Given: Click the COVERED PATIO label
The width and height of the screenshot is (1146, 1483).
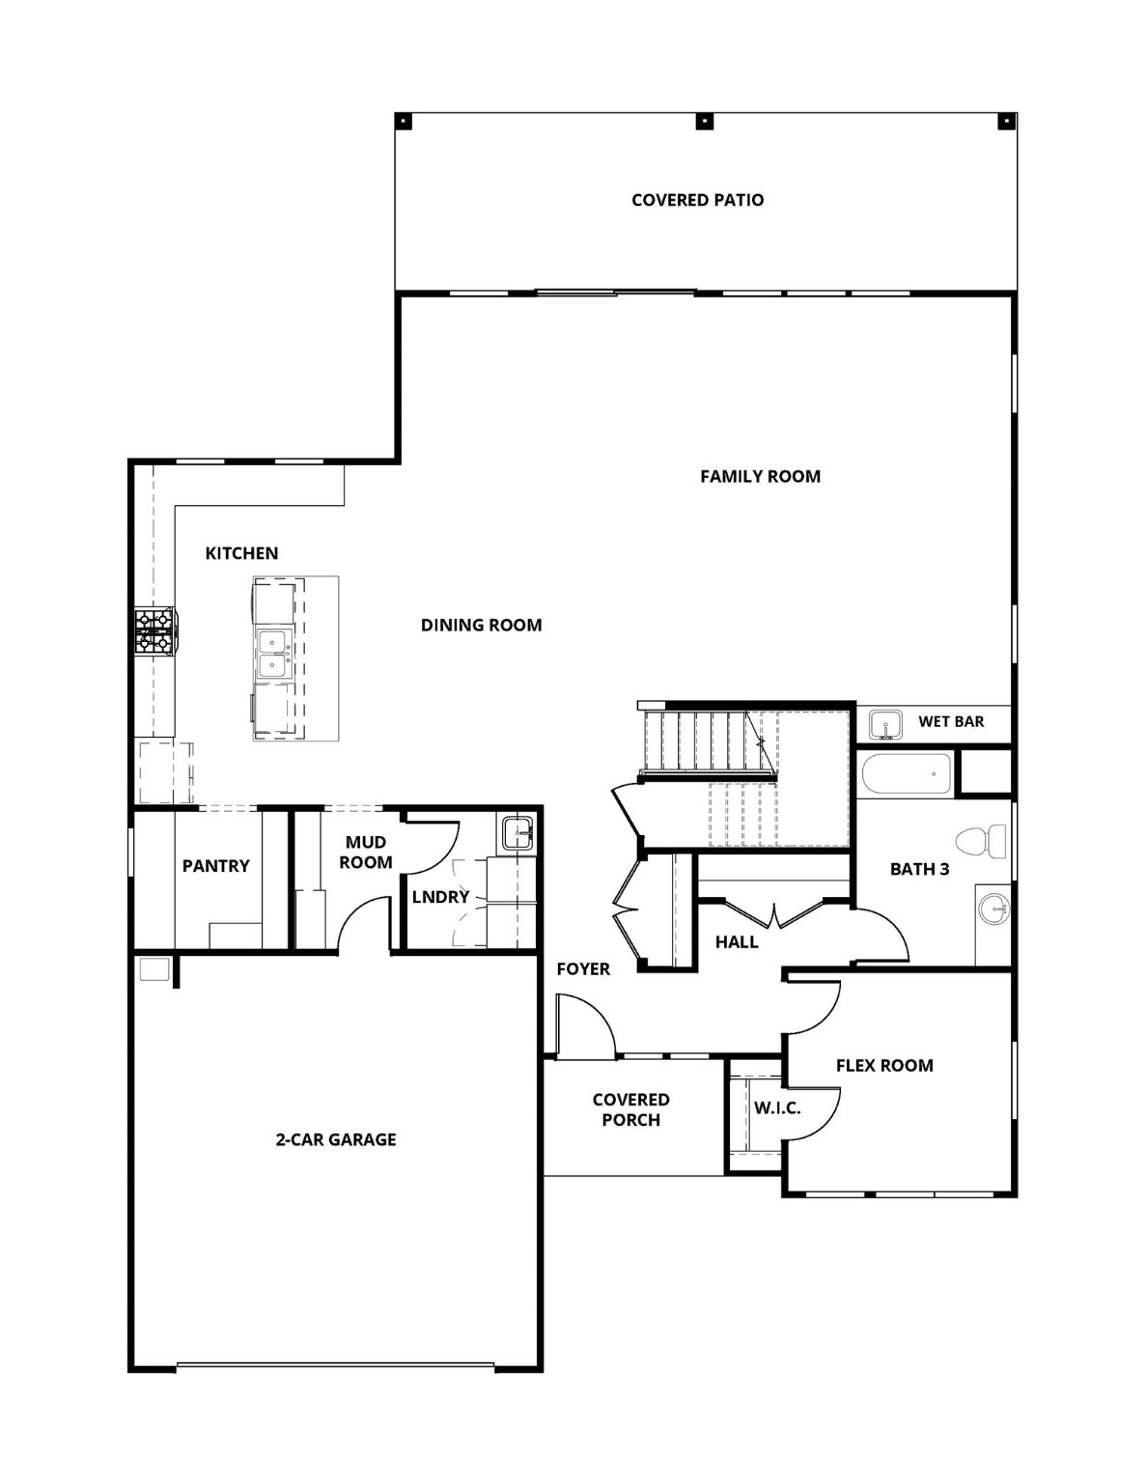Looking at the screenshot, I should (x=697, y=200).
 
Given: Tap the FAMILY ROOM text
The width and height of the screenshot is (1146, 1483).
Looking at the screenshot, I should (x=760, y=476).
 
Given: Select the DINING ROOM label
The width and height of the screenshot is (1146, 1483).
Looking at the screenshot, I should (x=481, y=625).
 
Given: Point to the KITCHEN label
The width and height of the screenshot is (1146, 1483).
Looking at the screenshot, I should (x=241, y=553).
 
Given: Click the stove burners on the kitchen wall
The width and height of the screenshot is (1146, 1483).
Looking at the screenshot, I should (x=154, y=631).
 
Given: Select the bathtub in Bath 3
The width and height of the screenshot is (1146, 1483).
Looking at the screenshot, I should (x=906, y=773).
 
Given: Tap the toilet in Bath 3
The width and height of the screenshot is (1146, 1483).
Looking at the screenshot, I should (x=983, y=841).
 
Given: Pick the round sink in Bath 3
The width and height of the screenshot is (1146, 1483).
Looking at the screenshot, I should (x=992, y=909).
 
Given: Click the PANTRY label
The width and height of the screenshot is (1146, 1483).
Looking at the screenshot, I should (x=215, y=866).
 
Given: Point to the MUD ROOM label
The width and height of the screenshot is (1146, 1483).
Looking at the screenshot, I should (x=365, y=853).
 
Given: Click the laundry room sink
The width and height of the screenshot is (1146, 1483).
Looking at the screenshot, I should (x=517, y=832).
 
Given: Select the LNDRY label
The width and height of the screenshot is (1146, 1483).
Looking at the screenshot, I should (x=440, y=897).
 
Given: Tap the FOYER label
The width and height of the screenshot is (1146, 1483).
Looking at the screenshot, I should (x=583, y=968).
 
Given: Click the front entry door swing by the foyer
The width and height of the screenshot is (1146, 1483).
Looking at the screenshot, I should (x=584, y=1028).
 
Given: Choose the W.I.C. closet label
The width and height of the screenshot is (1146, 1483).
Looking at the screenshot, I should (x=777, y=1107).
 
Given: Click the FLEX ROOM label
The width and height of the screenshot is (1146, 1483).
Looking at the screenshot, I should (x=884, y=1066).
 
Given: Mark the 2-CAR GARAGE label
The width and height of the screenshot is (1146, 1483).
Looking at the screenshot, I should (x=336, y=1139).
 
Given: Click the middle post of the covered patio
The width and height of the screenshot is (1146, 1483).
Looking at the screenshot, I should (x=706, y=122).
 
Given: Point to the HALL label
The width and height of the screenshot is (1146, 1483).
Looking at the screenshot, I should (x=737, y=942).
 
